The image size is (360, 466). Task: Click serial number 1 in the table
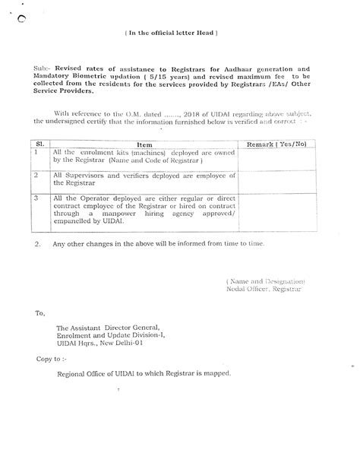(x=36, y=152)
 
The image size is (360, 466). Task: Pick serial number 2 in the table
(x=36, y=175)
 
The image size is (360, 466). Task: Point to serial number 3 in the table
(x=36, y=198)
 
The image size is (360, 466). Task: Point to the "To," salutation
(x=39, y=312)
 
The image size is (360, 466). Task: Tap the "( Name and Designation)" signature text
(x=265, y=281)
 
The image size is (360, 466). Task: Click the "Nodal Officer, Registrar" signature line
(x=264, y=290)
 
